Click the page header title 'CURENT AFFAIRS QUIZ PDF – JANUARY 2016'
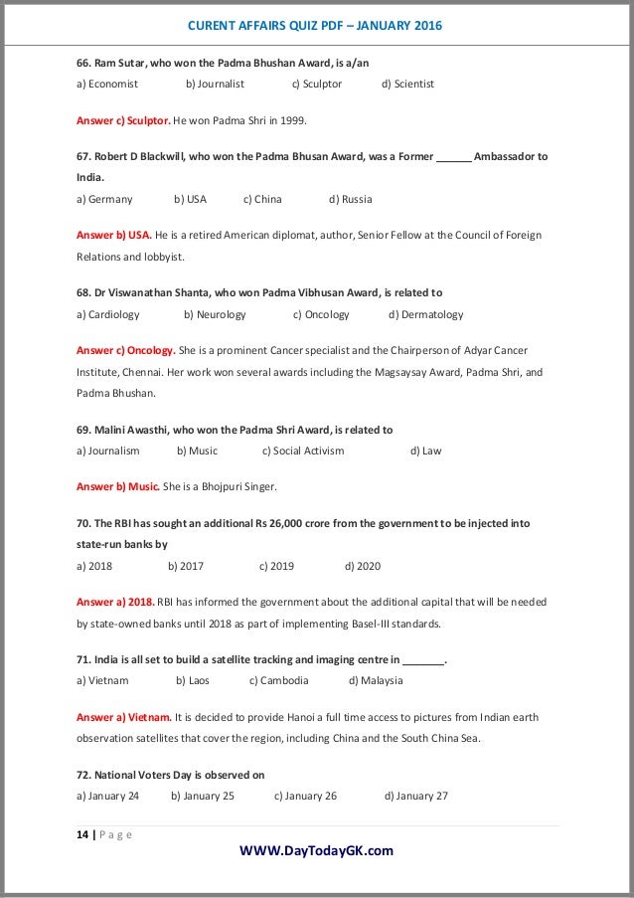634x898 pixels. click(316, 23)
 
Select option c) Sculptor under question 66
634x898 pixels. click(316, 85)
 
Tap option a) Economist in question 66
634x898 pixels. click(106, 85)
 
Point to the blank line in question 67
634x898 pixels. click(454, 158)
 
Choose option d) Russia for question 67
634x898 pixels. click(350, 199)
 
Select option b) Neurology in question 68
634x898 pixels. click(215, 314)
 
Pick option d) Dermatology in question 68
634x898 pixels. click(425, 314)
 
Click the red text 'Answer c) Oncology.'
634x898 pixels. click(125, 350)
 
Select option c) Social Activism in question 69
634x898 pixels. click(303, 450)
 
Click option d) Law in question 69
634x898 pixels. click(425, 450)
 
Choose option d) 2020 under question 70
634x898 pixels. click(363, 566)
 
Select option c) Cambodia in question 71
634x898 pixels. click(278, 681)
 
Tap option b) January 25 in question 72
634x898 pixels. click(203, 796)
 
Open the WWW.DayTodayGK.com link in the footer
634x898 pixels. click(317, 850)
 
